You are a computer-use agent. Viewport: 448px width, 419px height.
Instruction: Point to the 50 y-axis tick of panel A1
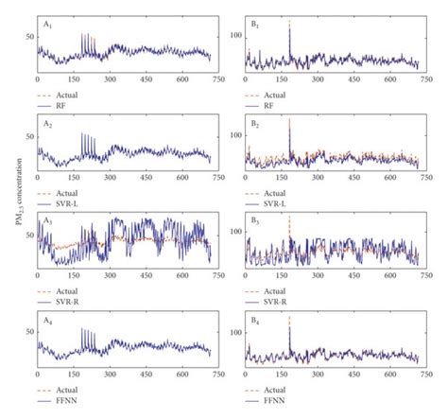(28, 35)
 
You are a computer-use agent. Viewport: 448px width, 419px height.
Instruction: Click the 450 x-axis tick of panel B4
(352, 383)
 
